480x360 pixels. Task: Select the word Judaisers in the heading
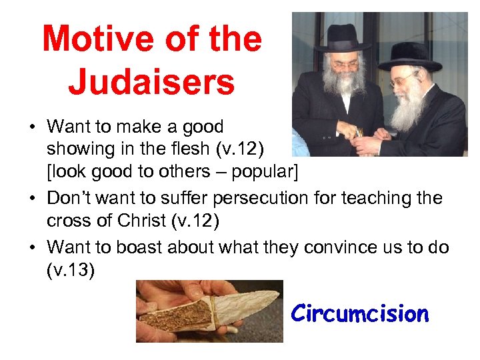[151, 82]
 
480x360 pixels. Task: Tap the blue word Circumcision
[360, 313]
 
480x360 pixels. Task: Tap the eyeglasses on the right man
[408, 79]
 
